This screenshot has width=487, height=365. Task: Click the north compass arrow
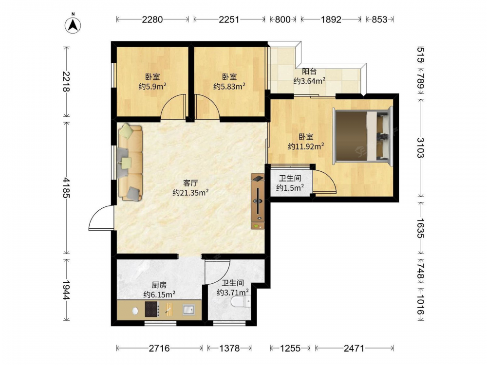[73, 24]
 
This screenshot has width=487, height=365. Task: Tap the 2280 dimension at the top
[152, 19]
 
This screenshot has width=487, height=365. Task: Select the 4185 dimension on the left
[66, 187]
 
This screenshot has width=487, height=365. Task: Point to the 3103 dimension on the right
[421, 147]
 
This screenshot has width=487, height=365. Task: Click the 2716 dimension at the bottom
[159, 348]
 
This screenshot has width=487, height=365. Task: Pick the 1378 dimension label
[229, 348]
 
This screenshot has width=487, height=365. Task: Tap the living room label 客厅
[190, 183]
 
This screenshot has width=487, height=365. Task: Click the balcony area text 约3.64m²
[309, 81]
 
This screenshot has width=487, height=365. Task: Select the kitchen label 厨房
[159, 285]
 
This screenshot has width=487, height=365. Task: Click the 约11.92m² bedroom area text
[306, 146]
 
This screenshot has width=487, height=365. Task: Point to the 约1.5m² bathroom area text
[290, 187]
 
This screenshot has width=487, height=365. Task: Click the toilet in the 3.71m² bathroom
[241, 301]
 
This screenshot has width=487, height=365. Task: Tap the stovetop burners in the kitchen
[152, 309]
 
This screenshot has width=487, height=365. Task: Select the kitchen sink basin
[188, 310]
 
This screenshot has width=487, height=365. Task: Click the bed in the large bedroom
[362, 136]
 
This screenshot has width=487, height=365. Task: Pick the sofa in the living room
[131, 162]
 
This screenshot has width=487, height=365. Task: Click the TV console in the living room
[258, 201]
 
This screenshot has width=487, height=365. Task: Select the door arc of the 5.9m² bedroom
[173, 107]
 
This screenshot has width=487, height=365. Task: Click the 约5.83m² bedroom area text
[229, 86]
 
